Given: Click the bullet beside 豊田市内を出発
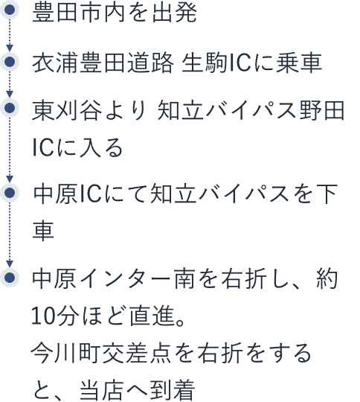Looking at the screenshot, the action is [10, 10].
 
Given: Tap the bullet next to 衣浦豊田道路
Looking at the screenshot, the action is [10, 62].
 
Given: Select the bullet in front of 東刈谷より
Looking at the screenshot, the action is [10, 108].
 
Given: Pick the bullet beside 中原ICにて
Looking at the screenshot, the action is [10, 193].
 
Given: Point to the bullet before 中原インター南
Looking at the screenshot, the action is [10, 277].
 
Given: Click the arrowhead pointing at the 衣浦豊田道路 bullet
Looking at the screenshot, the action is [10, 48].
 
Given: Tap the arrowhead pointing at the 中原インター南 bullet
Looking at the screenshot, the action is [10, 264].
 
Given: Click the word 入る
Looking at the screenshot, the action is [101, 147].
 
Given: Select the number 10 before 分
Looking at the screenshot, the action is [43, 316].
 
